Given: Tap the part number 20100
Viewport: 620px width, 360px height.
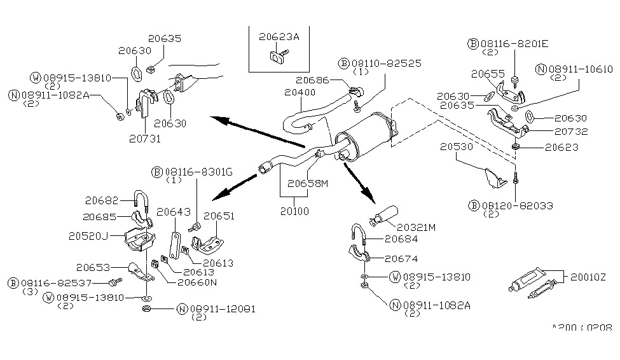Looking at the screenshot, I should (294, 210).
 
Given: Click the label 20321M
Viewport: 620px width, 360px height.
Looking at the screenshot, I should (416, 227).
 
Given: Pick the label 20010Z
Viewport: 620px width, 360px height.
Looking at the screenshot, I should (589, 277).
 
